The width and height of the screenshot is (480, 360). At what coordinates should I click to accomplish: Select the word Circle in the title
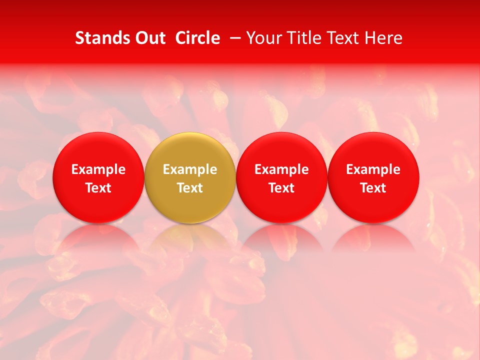point(197,38)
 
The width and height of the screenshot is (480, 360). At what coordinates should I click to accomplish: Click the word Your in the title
point(263,38)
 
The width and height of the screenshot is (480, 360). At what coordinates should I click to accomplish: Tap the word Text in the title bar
point(345,38)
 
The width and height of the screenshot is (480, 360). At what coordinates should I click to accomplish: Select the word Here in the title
point(385,38)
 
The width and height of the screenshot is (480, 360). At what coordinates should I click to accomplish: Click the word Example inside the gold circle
point(190,169)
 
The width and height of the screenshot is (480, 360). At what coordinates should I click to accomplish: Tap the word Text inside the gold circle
point(190,188)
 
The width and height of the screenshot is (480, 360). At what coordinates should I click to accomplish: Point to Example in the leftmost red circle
point(98,169)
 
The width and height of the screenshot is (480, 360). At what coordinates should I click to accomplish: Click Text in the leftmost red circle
point(98,188)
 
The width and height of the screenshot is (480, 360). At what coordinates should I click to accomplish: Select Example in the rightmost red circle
point(373,169)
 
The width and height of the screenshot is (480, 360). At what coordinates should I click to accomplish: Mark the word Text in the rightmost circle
point(373,188)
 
